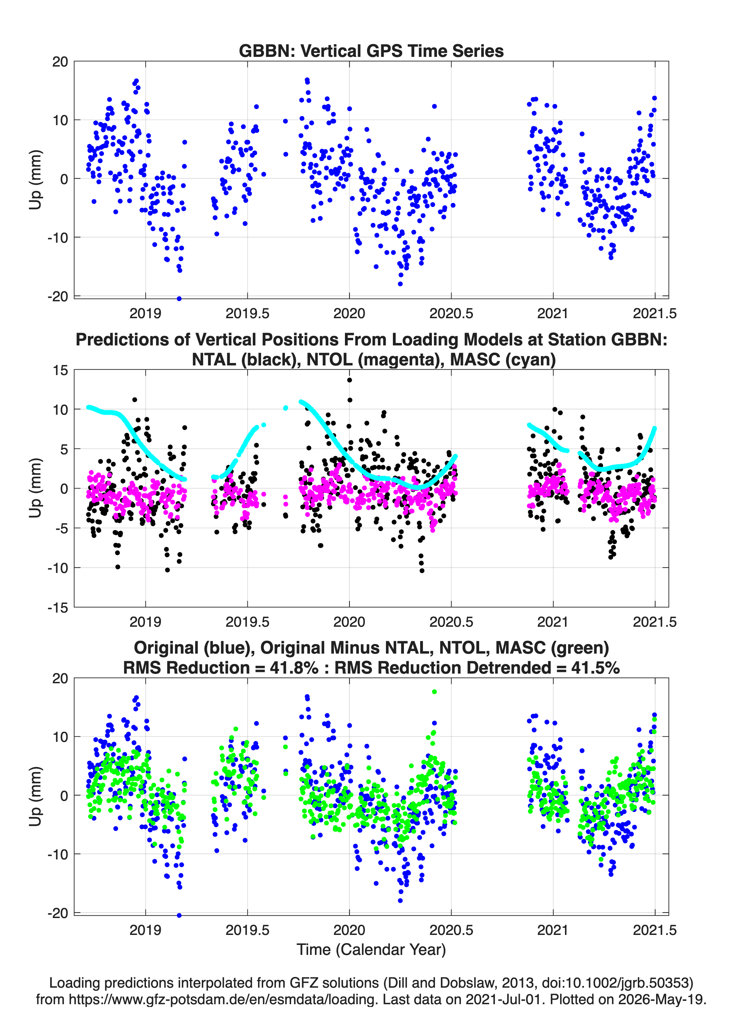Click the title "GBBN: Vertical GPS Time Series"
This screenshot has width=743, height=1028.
(x=371, y=51)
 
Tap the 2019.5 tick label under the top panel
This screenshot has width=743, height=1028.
(x=247, y=313)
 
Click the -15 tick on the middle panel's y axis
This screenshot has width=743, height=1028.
(x=58, y=608)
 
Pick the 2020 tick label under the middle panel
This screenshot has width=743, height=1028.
(x=349, y=622)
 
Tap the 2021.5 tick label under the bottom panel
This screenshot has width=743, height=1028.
(x=655, y=930)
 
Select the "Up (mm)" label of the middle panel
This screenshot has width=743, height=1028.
(x=36, y=488)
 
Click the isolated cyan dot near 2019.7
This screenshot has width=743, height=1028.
(x=286, y=408)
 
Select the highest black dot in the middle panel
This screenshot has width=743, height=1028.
(x=349, y=380)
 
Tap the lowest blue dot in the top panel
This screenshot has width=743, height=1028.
(x=179, y=299)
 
